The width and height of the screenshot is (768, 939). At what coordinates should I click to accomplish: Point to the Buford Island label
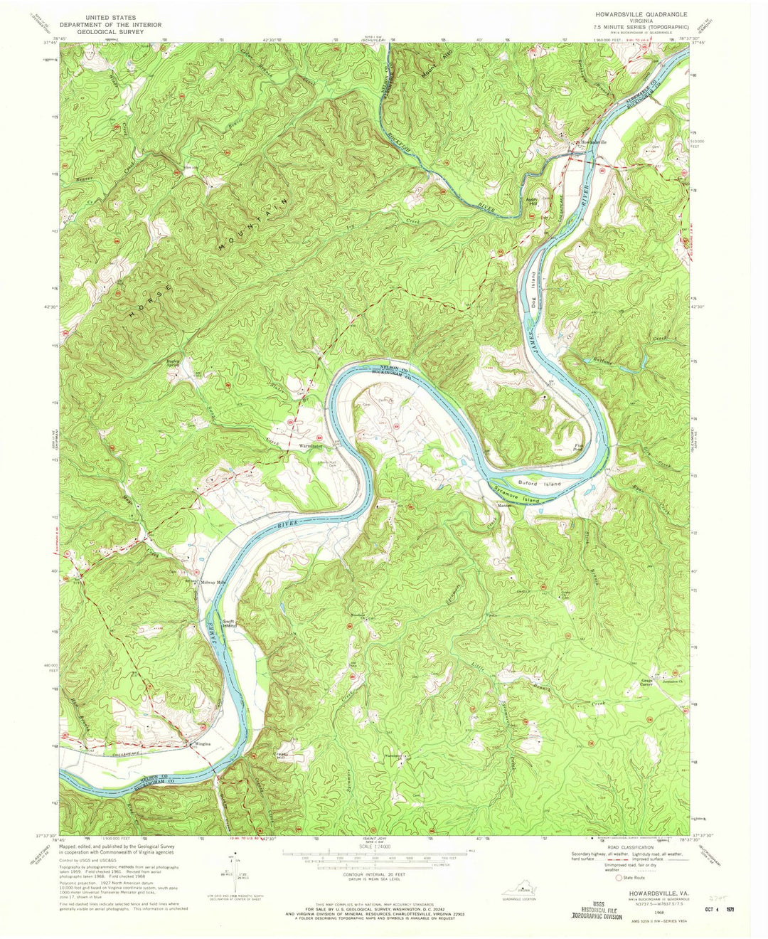point(544,484)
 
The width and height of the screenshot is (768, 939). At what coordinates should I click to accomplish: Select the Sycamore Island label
point(518,494)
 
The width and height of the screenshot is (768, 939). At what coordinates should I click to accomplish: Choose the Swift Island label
point(228,623)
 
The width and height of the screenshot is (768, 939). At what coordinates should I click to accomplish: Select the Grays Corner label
point(647,682)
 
